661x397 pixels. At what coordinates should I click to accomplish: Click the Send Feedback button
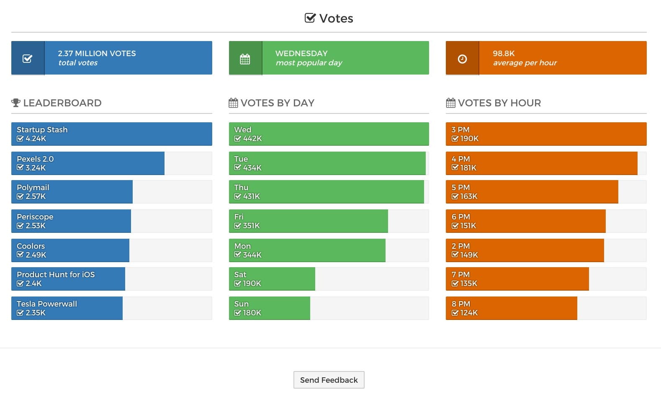(329, 380)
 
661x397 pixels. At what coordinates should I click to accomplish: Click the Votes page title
(336, 18)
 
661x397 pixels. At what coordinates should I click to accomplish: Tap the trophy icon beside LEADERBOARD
(16, 103)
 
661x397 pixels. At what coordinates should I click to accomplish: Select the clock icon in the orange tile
(462, 59)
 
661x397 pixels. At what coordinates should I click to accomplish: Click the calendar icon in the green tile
(245, 59)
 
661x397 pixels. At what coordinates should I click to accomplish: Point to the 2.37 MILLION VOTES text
(97, 54)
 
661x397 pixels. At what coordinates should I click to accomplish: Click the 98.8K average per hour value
(504, 54)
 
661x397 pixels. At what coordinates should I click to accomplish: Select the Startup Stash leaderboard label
(42, 130)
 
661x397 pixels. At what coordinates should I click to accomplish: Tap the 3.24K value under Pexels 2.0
(36, 168)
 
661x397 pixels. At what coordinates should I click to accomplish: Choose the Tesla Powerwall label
(47, 304)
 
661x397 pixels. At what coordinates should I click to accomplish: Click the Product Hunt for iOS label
(56, 275)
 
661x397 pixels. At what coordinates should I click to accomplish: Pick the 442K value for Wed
(252, 139)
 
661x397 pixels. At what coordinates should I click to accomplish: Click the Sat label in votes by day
(240, 275)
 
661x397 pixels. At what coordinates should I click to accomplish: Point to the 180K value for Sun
(252, 313)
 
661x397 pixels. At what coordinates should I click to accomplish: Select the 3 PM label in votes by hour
(460, 130)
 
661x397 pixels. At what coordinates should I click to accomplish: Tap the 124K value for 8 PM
(469, 313)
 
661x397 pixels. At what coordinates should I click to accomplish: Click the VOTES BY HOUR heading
(499, 103)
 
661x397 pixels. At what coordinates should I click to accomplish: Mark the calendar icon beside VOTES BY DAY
(233, 103)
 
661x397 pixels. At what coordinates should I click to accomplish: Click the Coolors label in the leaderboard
(31, 246)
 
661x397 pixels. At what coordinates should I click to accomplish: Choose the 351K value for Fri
(251, 226)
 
